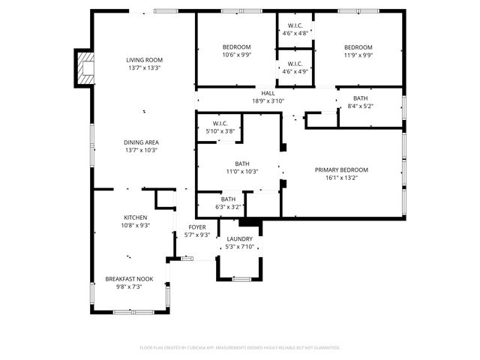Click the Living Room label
tap(143, 60)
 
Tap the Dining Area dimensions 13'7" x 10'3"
tap(141, 150)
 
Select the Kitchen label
tap(135, 217)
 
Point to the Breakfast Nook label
tap(129, 278)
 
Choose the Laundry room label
tap(240, 239)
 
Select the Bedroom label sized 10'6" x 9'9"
tap(236, 47)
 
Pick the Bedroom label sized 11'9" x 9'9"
tap(358, 47)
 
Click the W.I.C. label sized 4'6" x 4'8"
tap(294, 26)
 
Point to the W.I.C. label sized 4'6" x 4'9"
tap(294, 63)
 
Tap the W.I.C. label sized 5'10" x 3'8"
tap(220, 124)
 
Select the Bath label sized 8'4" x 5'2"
tap(361, 98)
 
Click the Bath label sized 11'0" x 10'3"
tap(241, 163)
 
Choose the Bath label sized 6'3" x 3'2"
tap(228, 199)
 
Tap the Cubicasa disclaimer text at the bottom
tap(240, 348)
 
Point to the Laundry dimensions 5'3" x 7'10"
tap(240, 247)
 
